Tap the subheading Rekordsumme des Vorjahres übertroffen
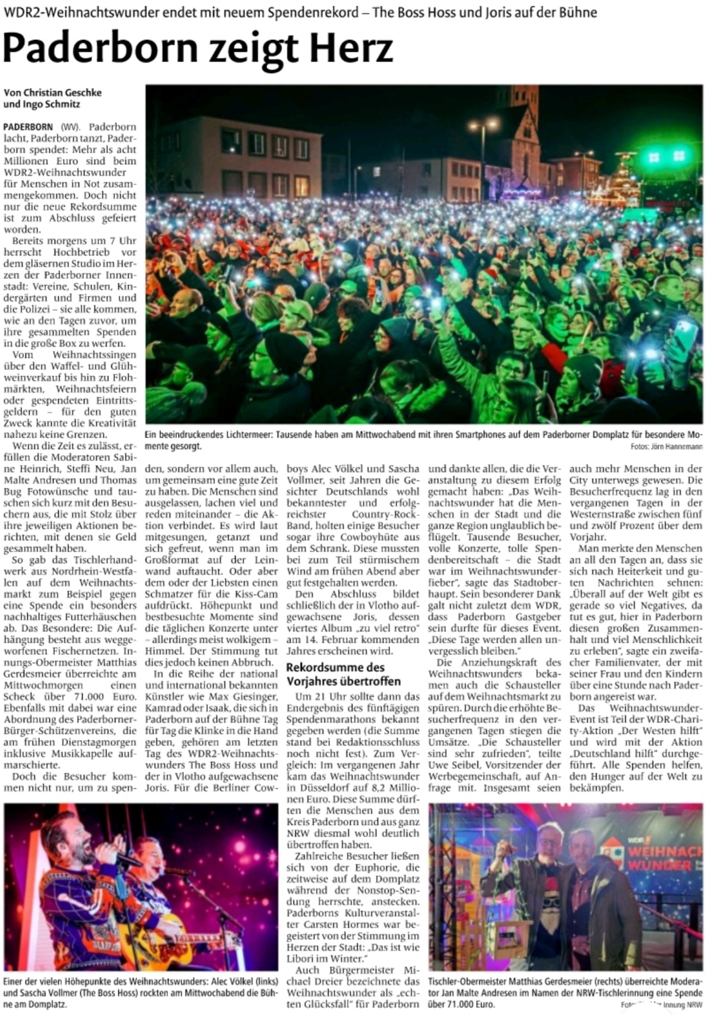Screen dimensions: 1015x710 [x=343, y=674]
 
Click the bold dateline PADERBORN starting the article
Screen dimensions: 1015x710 [x=29, y=127]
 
